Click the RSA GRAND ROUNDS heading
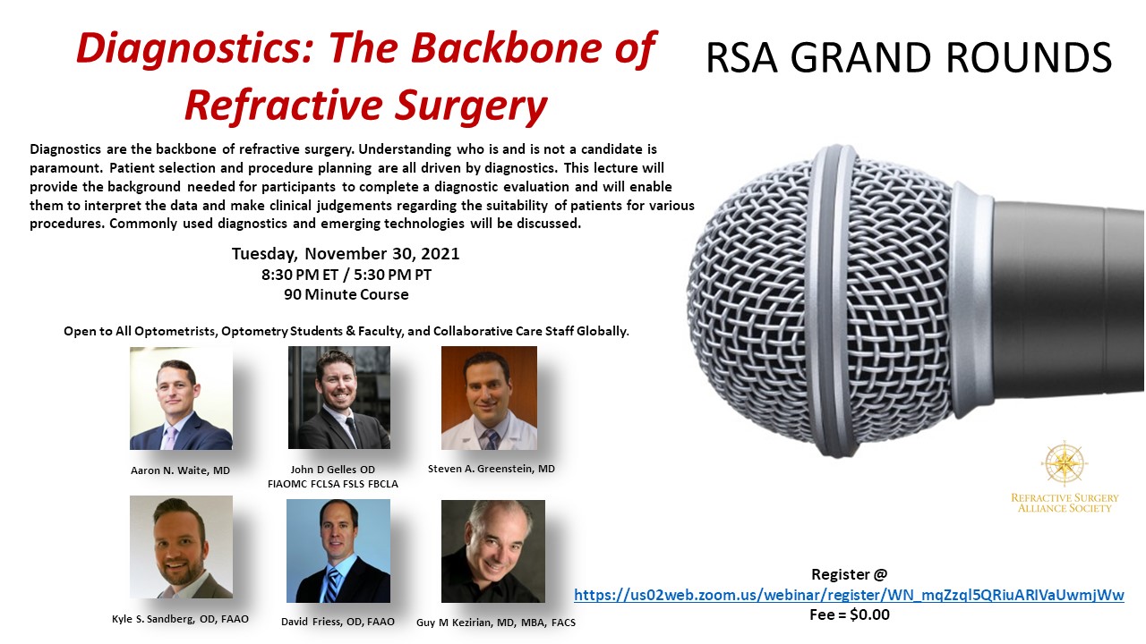[x=909, y=57]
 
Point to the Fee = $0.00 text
[x=850, y=614]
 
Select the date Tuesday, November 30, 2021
[x=346, y=253]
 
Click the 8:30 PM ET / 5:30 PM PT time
[x=346, y=275]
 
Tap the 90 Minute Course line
[x=346, y=294]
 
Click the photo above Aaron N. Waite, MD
[x=181, y=399]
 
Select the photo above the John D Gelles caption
[x=339, y=398]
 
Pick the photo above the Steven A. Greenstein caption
[x=489, y=398]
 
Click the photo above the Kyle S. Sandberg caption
[x=181, y=547]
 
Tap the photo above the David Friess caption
[x=338, y=551]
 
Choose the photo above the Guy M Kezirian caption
[x=493, y=552]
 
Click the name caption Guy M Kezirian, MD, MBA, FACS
[x=496, y=623]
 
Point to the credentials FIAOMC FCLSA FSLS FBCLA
[x=332, y=484]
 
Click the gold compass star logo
[x=1065, y=463]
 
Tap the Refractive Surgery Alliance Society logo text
[x=1065, y=503]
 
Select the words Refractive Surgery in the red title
[x=366, y=106]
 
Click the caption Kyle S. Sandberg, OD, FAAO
[x=180, y=619]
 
